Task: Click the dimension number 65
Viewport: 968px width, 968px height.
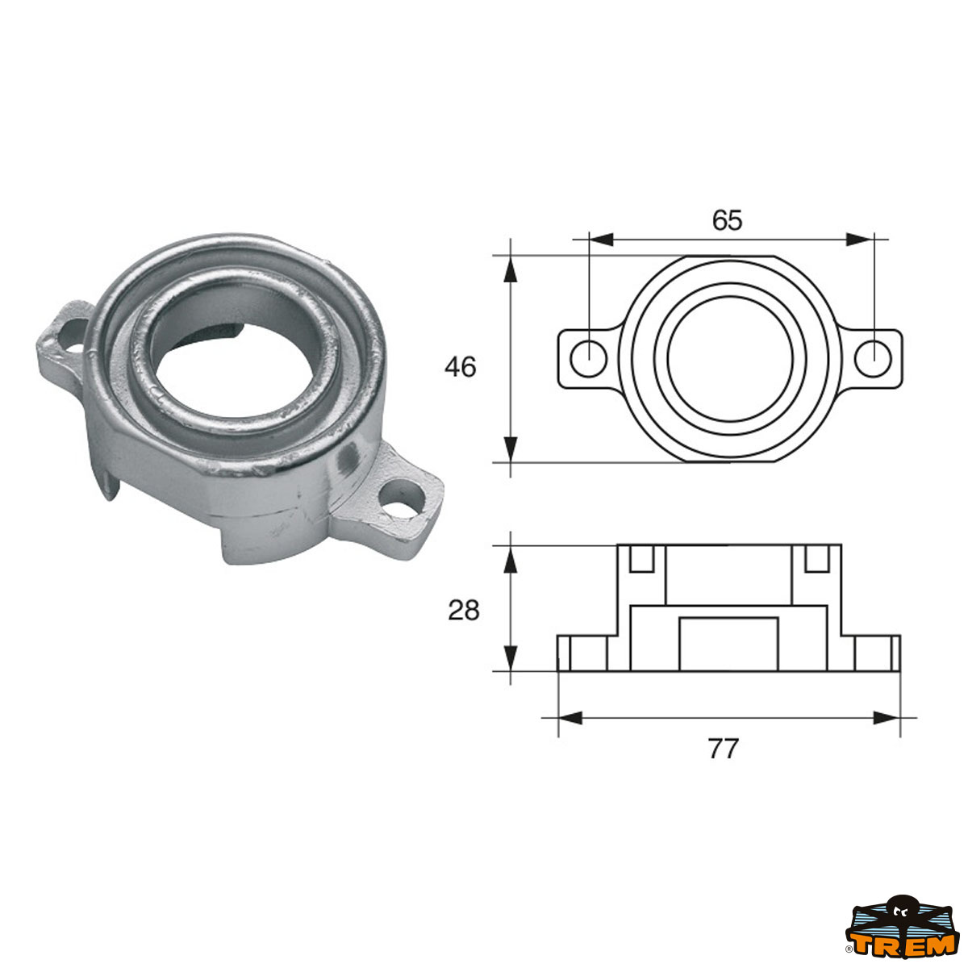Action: point(727,219)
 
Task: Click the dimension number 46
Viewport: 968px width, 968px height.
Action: point(461,367)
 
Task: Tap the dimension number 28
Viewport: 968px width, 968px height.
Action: point(464,611)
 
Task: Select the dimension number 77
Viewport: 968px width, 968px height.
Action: point(724,749)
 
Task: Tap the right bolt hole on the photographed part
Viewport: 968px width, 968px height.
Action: point(404,499)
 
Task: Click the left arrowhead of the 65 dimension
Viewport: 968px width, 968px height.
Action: point(602,239)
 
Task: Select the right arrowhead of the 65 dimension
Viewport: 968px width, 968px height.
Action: point(860,239)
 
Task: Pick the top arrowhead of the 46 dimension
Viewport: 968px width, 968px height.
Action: point(509,269)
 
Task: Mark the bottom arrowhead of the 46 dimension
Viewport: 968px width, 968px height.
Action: point(509,449)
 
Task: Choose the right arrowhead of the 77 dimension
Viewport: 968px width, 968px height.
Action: point(887,717)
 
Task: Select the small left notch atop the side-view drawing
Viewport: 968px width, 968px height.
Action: point(641,558)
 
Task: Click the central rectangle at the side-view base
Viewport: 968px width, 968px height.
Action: point(728,644)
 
